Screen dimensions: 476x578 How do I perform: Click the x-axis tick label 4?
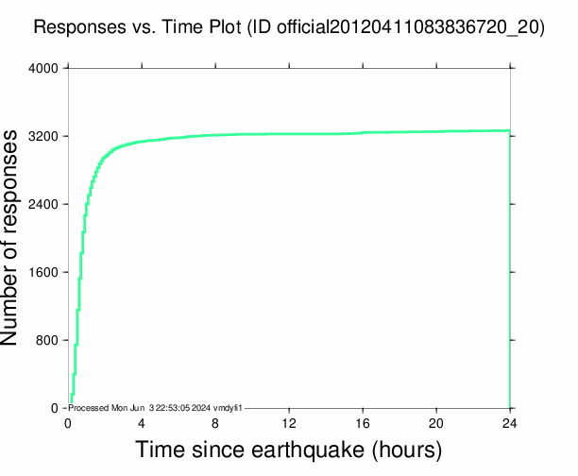pyautogui.click(x=142, y=422)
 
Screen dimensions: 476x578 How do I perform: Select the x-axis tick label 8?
pyautogui.click(x=215, y=422)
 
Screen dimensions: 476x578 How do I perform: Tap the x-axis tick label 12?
pyautogui.click(x=289, y=422)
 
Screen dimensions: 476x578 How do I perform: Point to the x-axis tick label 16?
pyautogui.click(x=363, y=422)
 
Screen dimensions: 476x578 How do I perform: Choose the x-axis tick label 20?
pyautogui.click(x=436, y=422)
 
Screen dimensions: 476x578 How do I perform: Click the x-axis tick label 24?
pyautogui.click(x=510, y=422)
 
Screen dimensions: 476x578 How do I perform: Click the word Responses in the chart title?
pyautogui.click(x=77, y=28)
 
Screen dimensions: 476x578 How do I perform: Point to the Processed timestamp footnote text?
pyautogui.click(x=157, y=408)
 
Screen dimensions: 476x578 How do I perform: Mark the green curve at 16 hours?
pyautogui.click(x=363, y=132)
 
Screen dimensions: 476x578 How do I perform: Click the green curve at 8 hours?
pyautogui.click(x=215, y=135)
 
